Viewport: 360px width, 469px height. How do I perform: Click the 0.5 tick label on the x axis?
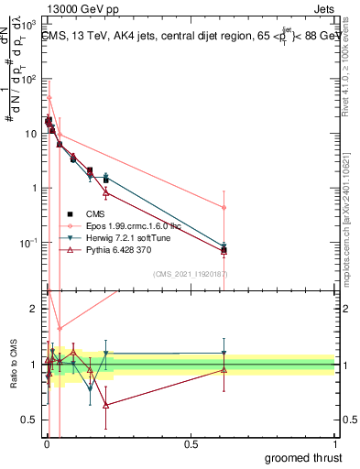[190, 442]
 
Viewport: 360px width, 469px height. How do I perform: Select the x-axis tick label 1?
[334, 442]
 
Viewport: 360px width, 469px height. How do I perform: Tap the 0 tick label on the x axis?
[45, 442]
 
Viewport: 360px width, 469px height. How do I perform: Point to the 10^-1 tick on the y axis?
[30, 243]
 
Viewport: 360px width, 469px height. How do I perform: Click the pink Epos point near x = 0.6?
[224, 208]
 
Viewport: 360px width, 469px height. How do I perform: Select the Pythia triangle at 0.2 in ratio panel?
[106, 404]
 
